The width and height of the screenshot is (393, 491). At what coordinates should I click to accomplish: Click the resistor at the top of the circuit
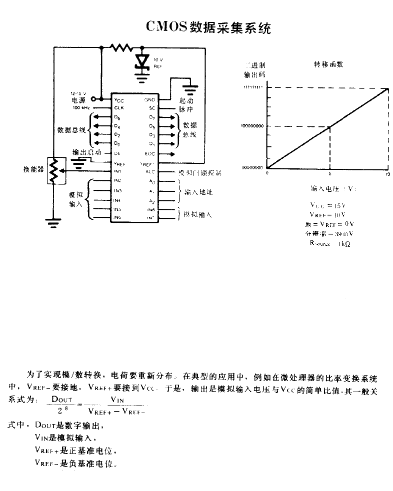[121, 48]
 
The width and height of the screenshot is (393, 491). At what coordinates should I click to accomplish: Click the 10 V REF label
[158, 62]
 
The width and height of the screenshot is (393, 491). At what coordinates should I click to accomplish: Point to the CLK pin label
[118, 108]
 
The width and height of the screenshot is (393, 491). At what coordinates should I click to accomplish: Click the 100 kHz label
[82, 107]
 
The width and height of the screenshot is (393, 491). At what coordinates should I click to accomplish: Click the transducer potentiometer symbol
[52, 171]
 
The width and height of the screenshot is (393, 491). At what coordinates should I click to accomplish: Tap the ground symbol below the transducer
[52, 221]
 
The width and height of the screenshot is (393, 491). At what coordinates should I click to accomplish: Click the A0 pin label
[151, 181]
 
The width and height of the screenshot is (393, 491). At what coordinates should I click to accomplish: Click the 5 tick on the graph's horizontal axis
[329, 174]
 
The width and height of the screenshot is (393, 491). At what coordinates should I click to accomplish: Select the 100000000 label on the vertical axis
[252, 126]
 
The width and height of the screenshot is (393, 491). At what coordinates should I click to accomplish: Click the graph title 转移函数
[328, 64]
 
